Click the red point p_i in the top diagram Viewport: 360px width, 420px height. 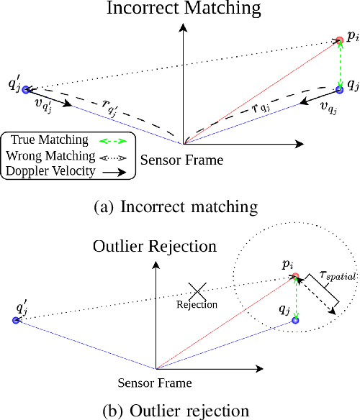(x=339, y=40)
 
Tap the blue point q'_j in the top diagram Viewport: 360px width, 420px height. (x=26, y=90)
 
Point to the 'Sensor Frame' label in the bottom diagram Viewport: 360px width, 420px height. (x=156, y=382)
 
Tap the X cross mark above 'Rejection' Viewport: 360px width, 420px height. (x=198, y=291)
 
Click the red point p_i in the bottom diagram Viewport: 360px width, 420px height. (x=296, y=276)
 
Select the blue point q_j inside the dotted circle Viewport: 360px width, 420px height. (x=295, y=319)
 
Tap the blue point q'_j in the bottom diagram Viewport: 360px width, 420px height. (x=16, y=320)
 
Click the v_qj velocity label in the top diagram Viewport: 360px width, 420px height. (x=328, y=109)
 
